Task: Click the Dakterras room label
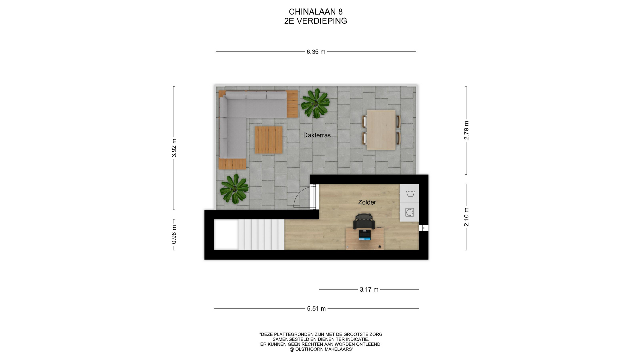317,135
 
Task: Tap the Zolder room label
367,202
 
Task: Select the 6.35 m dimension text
316,52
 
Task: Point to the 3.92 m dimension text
174,148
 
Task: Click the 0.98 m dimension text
174,234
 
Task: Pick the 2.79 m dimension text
466,130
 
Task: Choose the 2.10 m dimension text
466,217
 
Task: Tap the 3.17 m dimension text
369,289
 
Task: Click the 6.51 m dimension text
316,309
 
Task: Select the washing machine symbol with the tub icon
410,193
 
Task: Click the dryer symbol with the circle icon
410,212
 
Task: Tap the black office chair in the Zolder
364,221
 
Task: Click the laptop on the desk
364,235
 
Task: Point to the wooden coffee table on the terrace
269,140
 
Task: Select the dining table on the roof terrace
381,130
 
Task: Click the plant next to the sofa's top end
315,103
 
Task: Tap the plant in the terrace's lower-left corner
234,189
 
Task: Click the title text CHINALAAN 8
316,12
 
